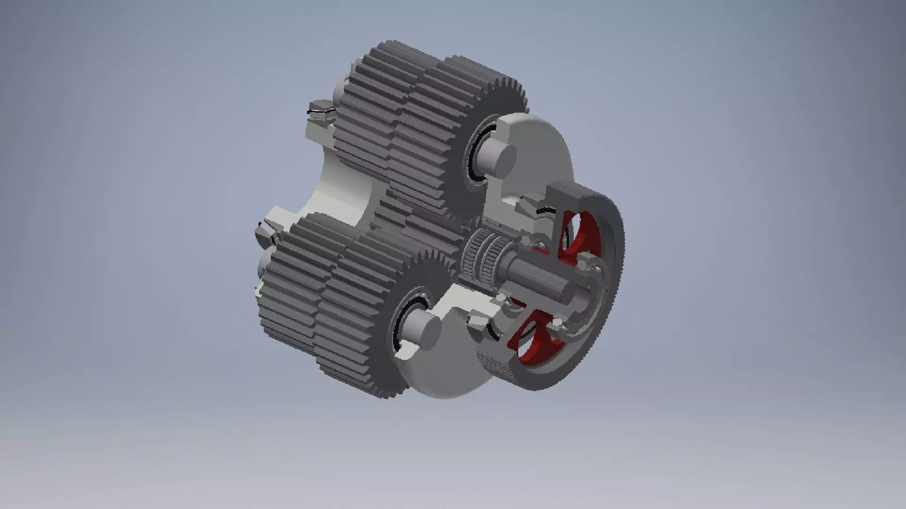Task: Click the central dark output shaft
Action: click(543, 278)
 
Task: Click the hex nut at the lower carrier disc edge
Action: click(477, 325)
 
